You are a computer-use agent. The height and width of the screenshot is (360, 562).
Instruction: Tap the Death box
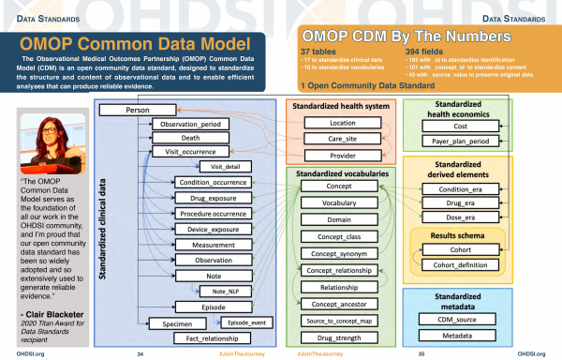click(x=189, y=138)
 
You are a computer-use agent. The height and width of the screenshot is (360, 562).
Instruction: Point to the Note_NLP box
click(x=220, y=292)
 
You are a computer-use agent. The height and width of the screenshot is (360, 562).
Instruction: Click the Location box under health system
click(x=342, y=123)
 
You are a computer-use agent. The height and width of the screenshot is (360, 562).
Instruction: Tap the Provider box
click(x=342, y=156)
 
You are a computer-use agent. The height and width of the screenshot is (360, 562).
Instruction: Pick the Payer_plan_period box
click(x=459, y=141)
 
